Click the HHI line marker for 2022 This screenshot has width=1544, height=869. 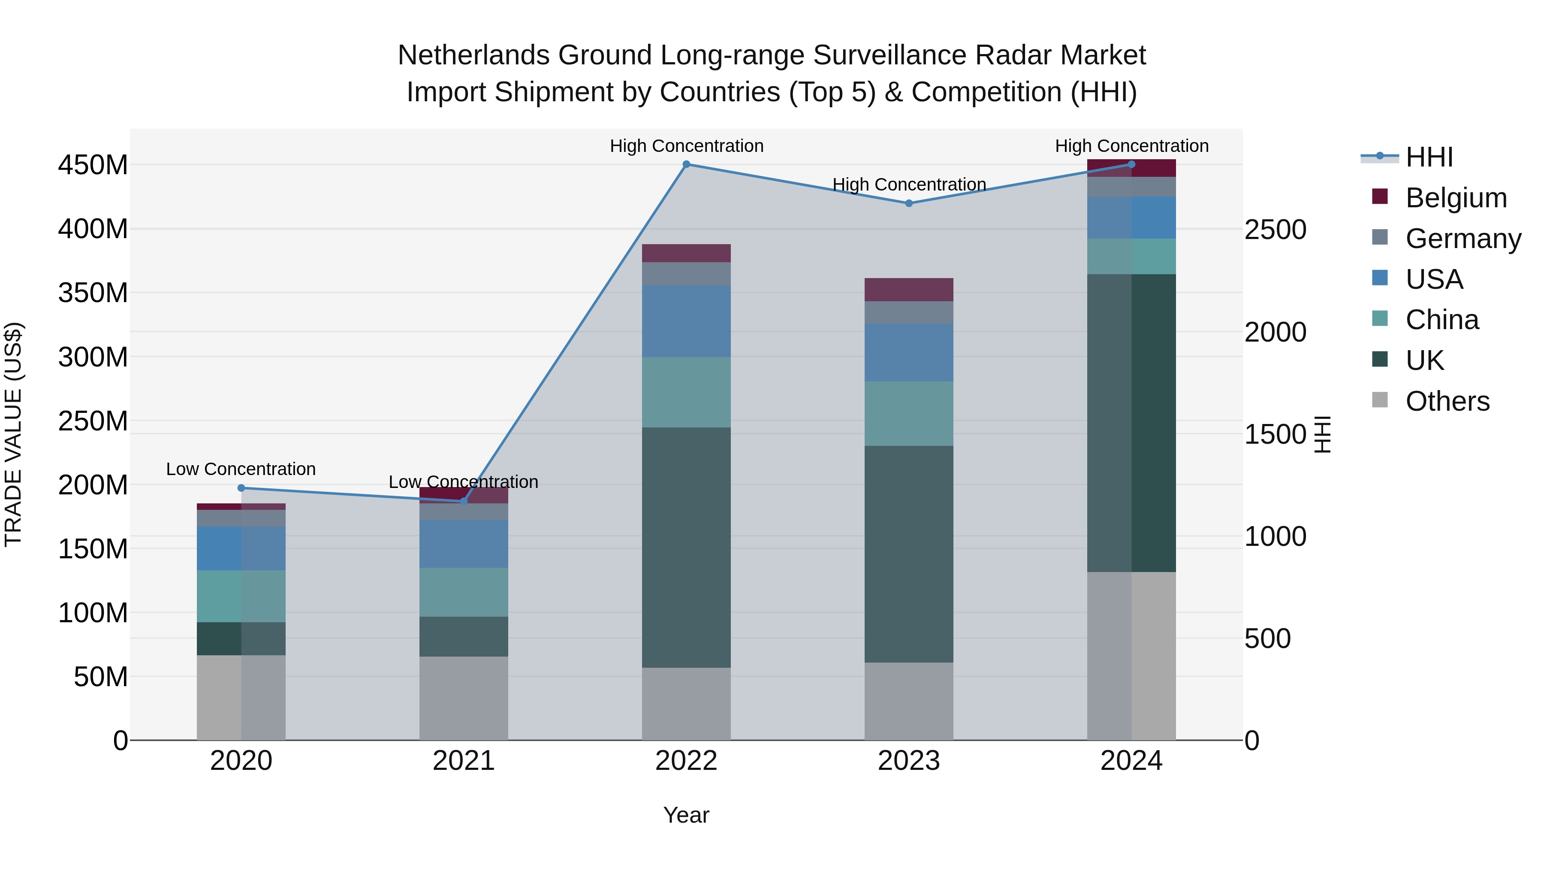686,164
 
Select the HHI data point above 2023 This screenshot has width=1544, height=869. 909,203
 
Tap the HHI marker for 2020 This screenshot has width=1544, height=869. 241,487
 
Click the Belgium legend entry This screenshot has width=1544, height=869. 1455,198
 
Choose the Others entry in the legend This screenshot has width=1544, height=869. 1447,401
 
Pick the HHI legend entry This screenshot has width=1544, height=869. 1429,157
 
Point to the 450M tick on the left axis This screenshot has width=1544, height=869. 93,165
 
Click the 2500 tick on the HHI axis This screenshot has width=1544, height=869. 1276,230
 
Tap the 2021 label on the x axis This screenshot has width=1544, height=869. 463,761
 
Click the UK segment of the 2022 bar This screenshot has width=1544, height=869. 686,547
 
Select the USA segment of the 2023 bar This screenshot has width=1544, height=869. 909,353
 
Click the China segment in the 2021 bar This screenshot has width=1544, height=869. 463,592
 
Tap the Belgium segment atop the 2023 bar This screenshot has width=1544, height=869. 909,290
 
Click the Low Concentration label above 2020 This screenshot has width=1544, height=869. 241,469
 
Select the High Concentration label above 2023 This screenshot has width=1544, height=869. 909,185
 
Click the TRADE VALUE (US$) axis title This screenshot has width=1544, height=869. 13,434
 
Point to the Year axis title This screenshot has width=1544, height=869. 686,815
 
